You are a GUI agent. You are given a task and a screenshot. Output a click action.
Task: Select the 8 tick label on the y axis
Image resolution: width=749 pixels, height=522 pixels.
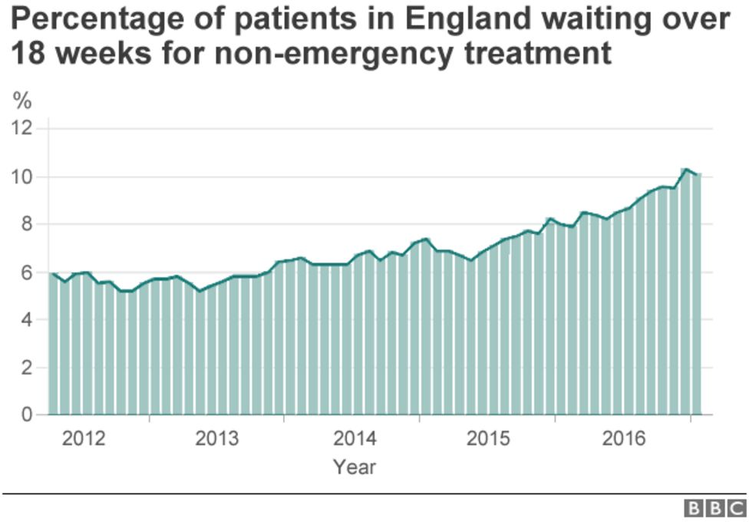click(27, 224)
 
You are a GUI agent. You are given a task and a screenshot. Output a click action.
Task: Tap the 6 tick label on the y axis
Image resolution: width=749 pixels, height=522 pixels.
click(27, 273)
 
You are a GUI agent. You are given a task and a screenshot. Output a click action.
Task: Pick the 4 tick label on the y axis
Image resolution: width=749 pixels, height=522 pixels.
click(27, 320)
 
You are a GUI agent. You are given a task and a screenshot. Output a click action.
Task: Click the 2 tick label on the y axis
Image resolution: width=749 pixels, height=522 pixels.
click(27, 368)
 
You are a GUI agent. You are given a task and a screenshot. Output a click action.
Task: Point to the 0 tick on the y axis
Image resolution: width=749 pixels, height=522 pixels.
click(27, 415)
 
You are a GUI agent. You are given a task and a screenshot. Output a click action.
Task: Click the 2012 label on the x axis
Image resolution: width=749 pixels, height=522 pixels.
click(83, 439)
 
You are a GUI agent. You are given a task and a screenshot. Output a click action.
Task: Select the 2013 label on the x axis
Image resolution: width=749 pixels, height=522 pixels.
click(217, 439)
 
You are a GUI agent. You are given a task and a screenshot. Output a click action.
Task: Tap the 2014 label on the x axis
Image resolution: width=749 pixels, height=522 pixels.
click(354, 439)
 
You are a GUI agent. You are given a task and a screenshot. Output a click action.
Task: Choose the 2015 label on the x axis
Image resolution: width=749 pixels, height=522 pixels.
click(489, 439)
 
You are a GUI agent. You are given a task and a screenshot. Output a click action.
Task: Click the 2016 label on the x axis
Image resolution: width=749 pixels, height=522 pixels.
click(624, 439)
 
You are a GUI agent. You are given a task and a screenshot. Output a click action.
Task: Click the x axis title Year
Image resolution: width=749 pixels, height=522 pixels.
click(354, 466)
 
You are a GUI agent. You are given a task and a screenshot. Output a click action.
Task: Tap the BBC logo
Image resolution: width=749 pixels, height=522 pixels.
click(714, 508)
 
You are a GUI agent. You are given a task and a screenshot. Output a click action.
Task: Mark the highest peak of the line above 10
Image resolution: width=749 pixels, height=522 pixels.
click(685, 169)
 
